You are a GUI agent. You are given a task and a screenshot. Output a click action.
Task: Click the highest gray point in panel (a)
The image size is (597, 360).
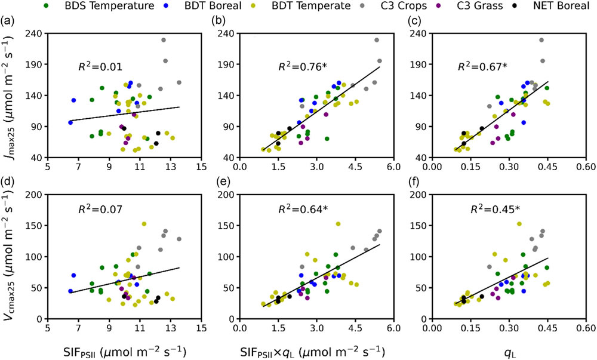[164, 40]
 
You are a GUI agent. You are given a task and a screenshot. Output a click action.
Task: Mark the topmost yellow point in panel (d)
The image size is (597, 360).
[144, 224]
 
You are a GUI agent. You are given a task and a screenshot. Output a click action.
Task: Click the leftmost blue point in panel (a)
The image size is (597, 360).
[70, 122]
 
